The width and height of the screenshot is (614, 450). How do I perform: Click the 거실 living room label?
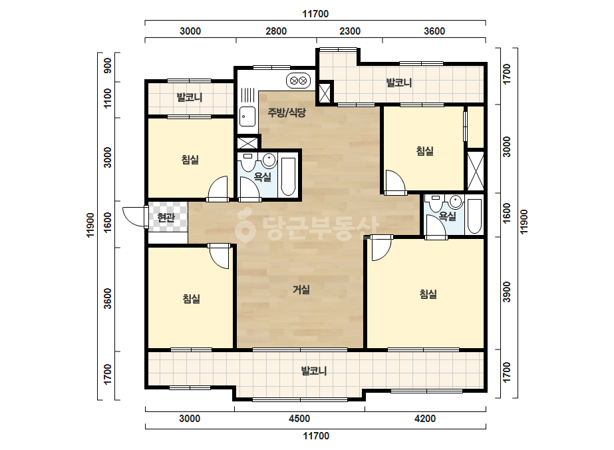[x=301, y=290]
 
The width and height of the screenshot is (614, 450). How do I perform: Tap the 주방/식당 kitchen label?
[x=287, y=113]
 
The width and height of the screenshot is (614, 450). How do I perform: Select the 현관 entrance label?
[x=166, y=217]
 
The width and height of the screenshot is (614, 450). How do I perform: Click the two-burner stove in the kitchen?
[x=299, y=81]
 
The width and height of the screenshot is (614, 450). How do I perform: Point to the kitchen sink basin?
[x=247, y=116]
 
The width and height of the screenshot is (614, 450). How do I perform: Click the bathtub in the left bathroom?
[x=289, y=176]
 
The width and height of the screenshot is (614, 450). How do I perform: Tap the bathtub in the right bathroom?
[x=474, y=216]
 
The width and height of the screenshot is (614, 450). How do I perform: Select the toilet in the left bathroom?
[x=247, y=162]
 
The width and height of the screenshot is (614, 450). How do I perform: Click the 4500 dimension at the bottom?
[x=299, y=419]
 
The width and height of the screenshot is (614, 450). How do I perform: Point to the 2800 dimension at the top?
[x=276, y=31]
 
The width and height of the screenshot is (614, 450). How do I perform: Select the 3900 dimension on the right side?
[x=507, y=292]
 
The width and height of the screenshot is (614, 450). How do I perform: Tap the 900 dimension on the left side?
[x=107, y=65]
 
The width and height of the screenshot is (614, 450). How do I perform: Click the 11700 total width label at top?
[x=315, y=14]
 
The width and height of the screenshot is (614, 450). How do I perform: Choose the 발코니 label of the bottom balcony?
[x=314, y=371]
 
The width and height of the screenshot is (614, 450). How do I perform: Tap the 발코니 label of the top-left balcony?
[x=190, y=97]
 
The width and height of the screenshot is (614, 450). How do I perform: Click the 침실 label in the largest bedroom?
[x=428, y=294]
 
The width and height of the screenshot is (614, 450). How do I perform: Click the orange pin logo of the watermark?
[x=245, y=226]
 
